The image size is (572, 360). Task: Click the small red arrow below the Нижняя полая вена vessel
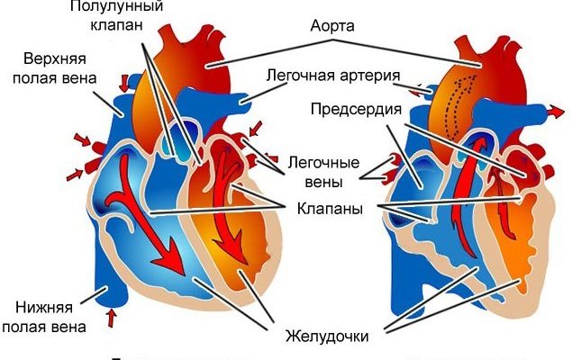pyautogui.click(x=112, y=317)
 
